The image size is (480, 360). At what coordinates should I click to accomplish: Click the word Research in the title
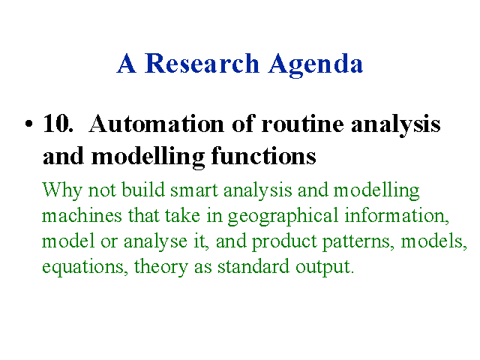click(202, 63)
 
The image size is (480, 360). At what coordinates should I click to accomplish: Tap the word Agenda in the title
click(316, 65)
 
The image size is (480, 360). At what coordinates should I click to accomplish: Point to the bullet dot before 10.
click(28, 124)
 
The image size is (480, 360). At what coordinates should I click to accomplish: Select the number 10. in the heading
click(58, 124)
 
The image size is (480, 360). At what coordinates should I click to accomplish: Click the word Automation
click(157, 124)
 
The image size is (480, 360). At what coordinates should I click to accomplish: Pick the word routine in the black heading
click(302, 124)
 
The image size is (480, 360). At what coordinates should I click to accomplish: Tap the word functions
click(263, 156)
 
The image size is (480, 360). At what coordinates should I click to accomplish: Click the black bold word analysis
click(396, 126)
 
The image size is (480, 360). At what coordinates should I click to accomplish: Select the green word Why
click(61, 190)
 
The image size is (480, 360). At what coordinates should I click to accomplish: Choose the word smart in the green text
click(194, 190)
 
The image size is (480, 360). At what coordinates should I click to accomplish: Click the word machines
click(82, 215)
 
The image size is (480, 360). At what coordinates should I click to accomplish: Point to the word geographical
click(283, 217)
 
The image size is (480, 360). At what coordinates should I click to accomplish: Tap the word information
click(397, 215)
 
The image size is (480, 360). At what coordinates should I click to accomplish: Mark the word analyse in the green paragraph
click(155, 241)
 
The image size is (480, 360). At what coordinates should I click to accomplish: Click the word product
click(284, 241)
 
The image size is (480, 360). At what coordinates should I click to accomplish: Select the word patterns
click(358, 241)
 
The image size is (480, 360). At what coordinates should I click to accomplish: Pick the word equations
click(85, 267)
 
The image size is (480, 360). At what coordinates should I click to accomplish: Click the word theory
click(161, 267)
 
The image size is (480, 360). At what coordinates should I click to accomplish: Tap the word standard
click(253, 266)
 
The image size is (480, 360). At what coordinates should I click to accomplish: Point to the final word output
click(325, 267)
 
